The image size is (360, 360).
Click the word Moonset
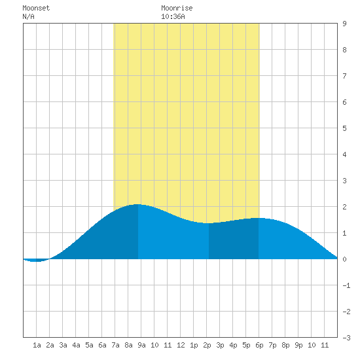pyautogui.click(x=36, y=8)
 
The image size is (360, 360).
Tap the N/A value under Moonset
pyautogui.click(x=28, y=16)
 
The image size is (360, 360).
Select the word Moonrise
pyautogui.click(x=177, y=8)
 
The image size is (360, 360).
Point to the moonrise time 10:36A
pyautogui.click(x=173, y=16)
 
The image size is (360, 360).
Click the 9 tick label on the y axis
pyautogui.click(x=344, y=24)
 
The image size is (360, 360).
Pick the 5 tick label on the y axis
pyautogui.click(x=344, y=128)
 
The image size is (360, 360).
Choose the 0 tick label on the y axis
pyautogui.click(x=344, y=259)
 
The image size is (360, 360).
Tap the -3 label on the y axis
pyautogui.click(x=346, y=338)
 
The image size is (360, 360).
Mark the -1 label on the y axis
pyautogui.click(x=346, y=285)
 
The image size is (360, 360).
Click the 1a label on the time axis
pyautogui.click(x=37, y=345)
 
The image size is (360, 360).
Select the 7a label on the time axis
pyautogui.click(x=115, y=345)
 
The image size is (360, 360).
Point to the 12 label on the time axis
pyautogui.click(x=181, y=345)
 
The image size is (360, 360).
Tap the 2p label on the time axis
pyautogui.click(x=207, y=345)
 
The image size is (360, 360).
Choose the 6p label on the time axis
pyautogui.click(x=259, y=345)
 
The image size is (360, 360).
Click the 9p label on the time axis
pyautogui.click(x=298, y=345)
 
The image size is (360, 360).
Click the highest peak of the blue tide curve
pyautogui.click(x=137, y=204)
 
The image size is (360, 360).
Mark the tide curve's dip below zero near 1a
pyautogui.click(x=36, y=261)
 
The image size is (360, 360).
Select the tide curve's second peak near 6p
pyautogui.click(x=259, y=218)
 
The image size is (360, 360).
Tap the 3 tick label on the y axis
pyautogui.click(x=344, y=181)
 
